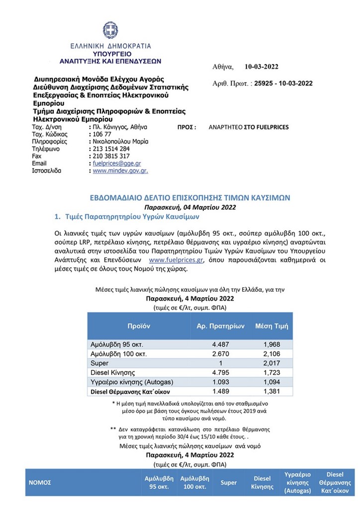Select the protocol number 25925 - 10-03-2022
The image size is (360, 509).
[x=280, y=84]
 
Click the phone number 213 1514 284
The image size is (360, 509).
[x=111, y=149]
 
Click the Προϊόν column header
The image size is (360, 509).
[x=138, y=326]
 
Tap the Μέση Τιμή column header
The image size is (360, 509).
[x=271, y=326]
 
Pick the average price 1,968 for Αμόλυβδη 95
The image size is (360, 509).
[x=271, y=344]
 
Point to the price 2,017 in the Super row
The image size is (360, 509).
[x=271, y=363]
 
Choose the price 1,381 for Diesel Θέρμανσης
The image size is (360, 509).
[x=271, y=391]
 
